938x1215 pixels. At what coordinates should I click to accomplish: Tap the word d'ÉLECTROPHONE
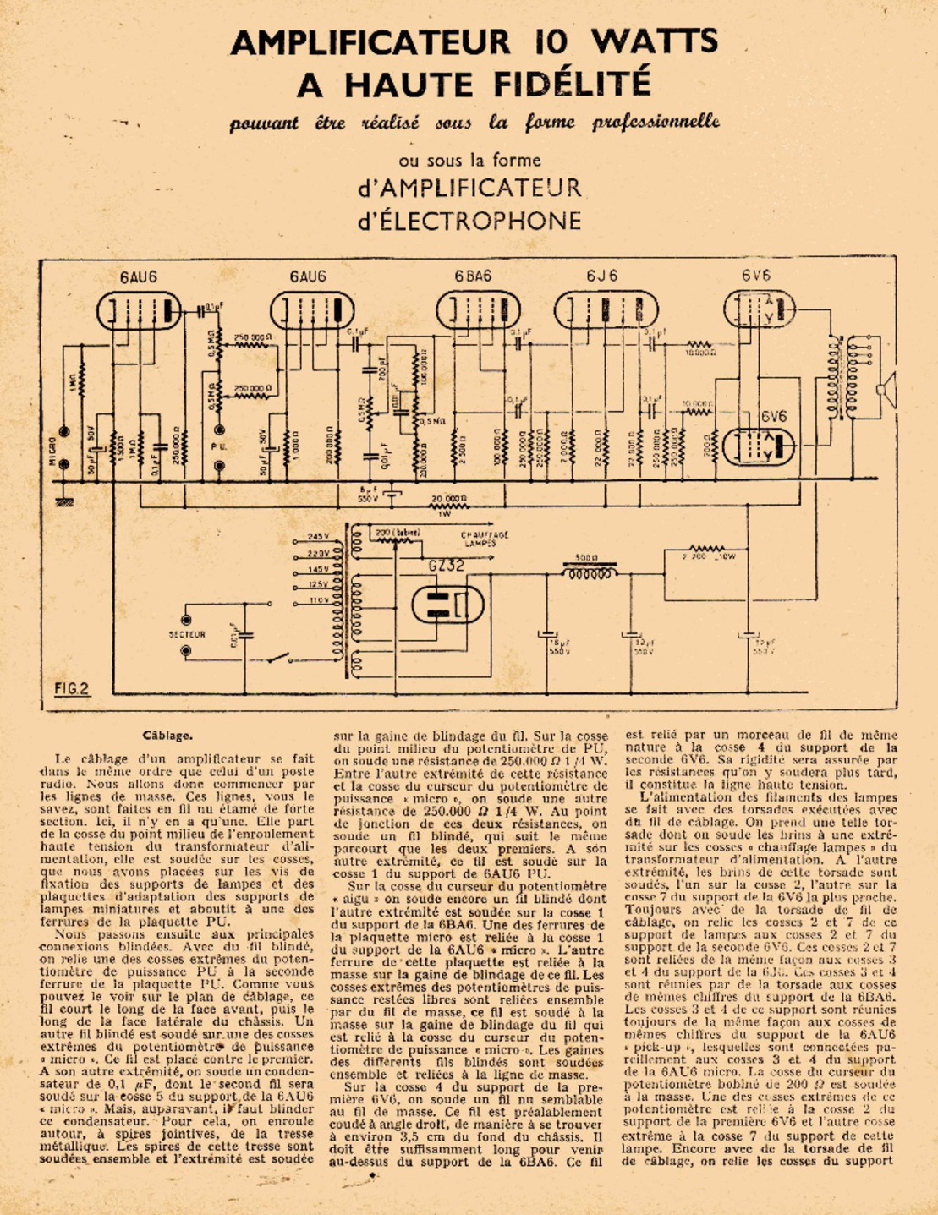(x=469, y=222)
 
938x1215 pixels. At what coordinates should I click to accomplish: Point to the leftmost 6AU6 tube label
(x=137, y=276)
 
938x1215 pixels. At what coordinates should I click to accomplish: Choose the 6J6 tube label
(x=601, y=276)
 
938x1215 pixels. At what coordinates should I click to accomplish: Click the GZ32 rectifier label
(x=446, y=567)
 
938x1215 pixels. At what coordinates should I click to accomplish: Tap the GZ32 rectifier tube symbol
(x=447, y=605)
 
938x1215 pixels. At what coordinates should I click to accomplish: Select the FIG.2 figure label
(x=72, y=689)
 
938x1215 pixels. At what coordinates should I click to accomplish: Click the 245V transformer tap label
(x=318, y=537)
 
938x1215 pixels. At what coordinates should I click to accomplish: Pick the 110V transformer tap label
(x=318, y=599)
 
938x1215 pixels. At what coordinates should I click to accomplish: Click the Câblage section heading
(x=167, y=736)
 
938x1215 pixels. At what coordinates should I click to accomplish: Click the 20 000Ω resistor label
(x=450, y=499)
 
